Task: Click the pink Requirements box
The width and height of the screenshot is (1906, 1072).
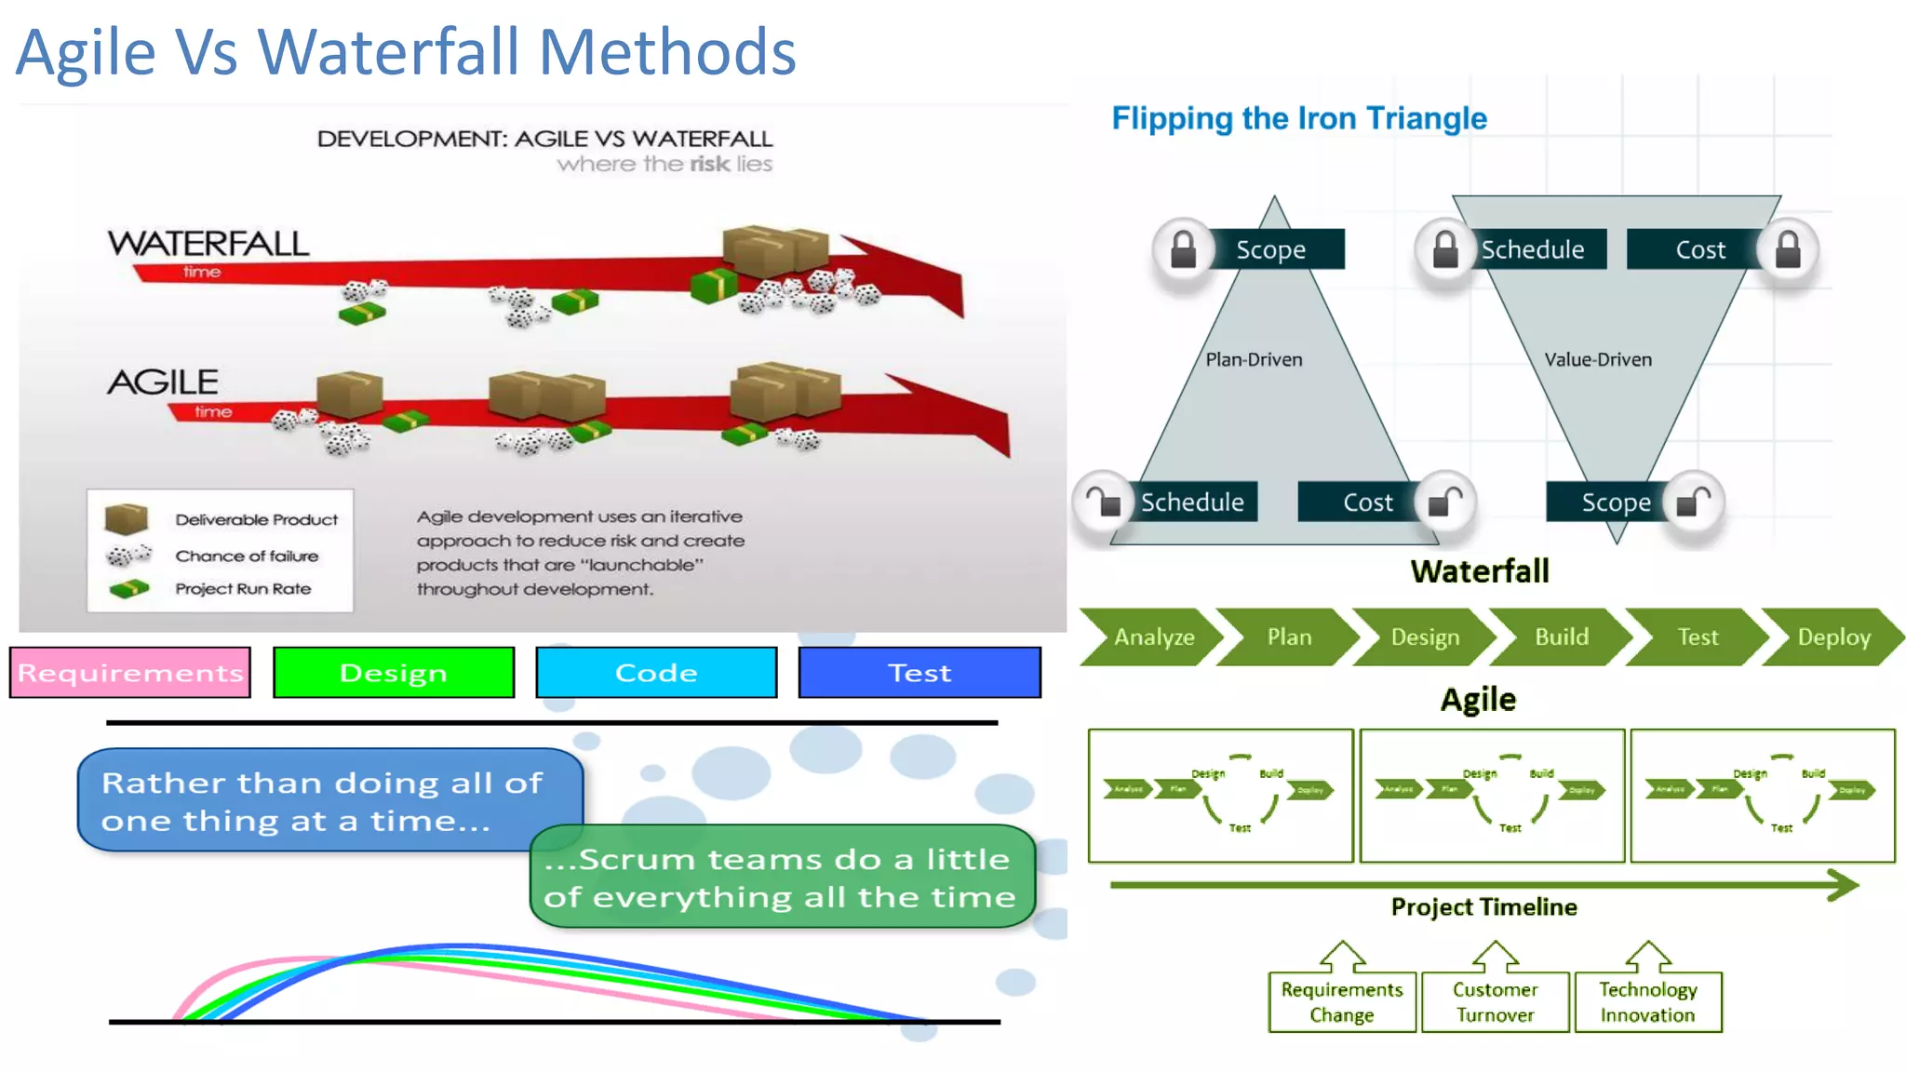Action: click(x=130, y=672)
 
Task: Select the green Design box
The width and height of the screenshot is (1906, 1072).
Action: click(x=394, y=672)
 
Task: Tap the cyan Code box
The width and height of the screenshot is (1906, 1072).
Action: click(x=656, y=672)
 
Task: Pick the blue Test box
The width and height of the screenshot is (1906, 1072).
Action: click(x=919, y=672)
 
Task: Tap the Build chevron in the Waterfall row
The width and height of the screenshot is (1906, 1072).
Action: click(x=1561, y=637)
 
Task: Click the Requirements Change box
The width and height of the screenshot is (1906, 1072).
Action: click(x=1341, y=1002)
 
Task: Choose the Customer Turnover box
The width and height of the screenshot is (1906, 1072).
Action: click(x=1495, y=1002)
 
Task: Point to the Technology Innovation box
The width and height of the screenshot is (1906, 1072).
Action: click(x=1647, y=1002)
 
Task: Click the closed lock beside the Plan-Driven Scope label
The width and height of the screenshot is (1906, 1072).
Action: click(x=1183, y=249)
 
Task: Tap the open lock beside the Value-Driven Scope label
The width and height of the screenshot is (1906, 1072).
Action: click(x=1693, y=502)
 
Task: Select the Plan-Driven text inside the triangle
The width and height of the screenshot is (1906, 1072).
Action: click(x=1254, y=360)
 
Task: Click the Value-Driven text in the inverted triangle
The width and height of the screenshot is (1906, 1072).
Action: click(x=1597, y=360)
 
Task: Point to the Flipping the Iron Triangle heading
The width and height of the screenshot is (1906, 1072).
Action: click(x=1298, y=118)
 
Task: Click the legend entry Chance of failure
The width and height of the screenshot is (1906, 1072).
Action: click(x=247, y=556)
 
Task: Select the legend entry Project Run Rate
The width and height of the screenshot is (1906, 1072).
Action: click(x=243, y=589)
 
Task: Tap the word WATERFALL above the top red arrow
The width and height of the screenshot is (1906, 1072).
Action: click(x=208, y=244)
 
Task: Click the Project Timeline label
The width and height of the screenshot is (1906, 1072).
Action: click(x=1483, y=907)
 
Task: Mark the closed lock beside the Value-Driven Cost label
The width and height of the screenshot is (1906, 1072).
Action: click(x=1787, y=249)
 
